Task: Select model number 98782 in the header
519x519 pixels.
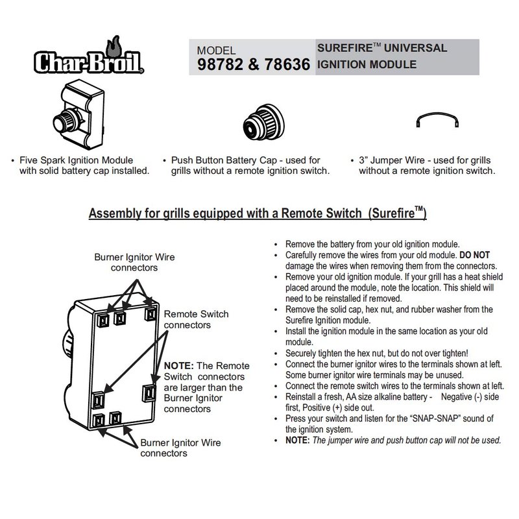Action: point(223,66)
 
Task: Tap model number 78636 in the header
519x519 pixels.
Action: point(283,66)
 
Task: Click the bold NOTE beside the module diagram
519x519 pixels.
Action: point(181,365)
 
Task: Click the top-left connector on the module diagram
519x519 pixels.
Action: point(102,319)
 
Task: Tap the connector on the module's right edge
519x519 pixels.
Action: point(147,391)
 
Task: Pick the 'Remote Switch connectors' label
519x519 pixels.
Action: point(196,319)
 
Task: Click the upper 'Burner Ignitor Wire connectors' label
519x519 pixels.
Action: point(134,262)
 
